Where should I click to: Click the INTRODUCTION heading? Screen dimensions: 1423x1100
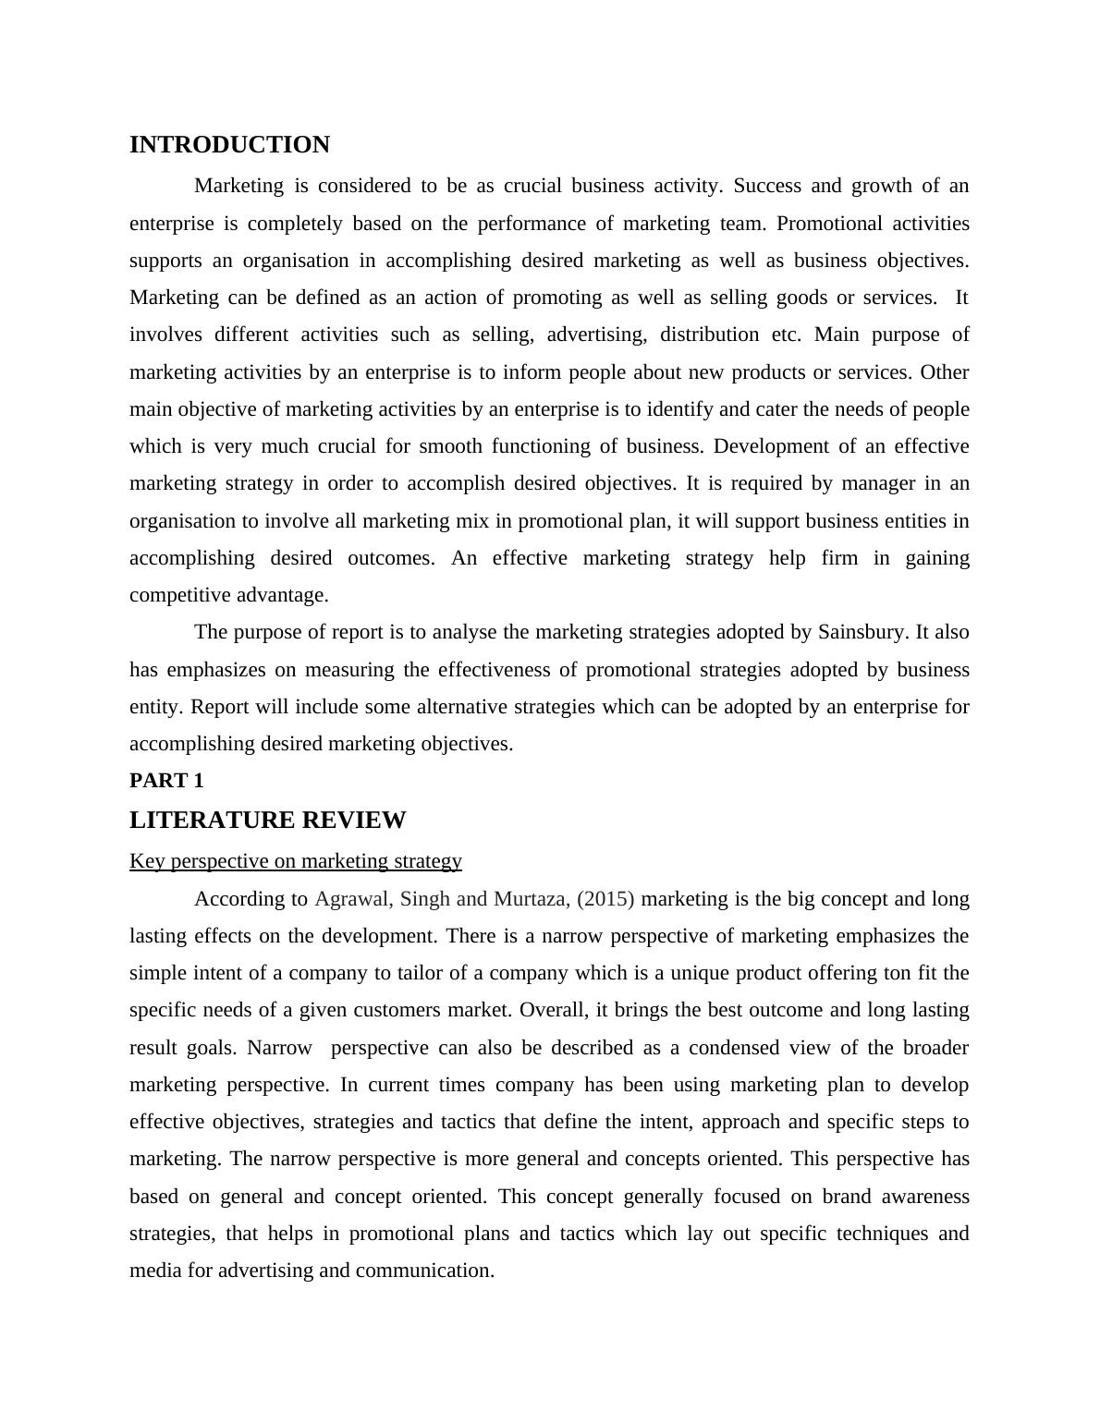(229, 145)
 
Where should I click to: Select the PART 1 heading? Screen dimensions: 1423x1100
(166, 781)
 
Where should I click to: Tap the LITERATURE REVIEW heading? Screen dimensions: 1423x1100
(267, 821)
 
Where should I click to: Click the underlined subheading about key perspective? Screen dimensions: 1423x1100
(295, 861)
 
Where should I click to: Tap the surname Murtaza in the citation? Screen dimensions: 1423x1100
(530, 899)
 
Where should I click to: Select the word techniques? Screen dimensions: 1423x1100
(877, 1234)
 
